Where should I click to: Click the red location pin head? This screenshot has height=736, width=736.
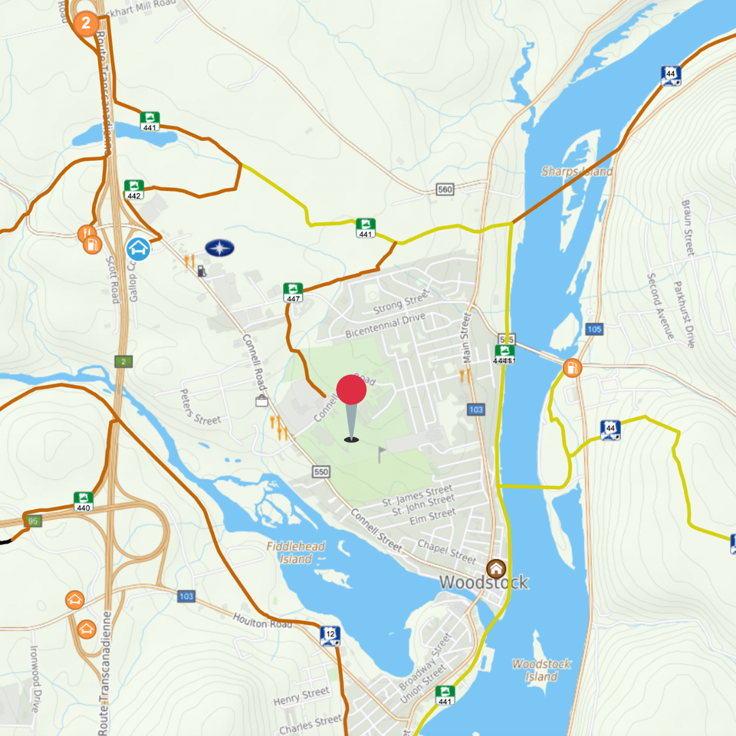pos(352,390)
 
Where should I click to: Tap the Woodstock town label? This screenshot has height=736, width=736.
pos(483,582)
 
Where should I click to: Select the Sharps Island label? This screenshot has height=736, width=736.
pos(577,172)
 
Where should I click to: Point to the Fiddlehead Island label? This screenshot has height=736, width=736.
pos(296,553)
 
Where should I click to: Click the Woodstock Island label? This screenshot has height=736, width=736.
pos(542,670)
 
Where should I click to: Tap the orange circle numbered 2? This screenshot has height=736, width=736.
pos(86,24)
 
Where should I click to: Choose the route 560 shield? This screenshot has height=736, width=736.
pos(445,189)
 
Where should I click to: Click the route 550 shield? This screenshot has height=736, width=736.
pos(321,472)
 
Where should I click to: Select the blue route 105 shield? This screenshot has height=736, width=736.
pos(594,330)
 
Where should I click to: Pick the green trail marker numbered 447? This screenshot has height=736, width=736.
pos(293,292)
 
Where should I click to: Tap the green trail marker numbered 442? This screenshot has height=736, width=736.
pos(134,190)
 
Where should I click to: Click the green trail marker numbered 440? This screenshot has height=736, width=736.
pos(83,502)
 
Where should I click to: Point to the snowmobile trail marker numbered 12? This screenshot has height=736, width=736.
pos(330,636)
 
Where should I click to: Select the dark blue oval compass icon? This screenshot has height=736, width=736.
pos(219,248)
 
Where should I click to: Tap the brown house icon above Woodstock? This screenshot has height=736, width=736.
pos(496,568)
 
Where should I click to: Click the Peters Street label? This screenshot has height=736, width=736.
pos(200,407)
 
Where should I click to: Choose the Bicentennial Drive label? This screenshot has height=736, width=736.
pos(385,325)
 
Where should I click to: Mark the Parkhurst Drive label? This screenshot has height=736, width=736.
pos(684,314)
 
